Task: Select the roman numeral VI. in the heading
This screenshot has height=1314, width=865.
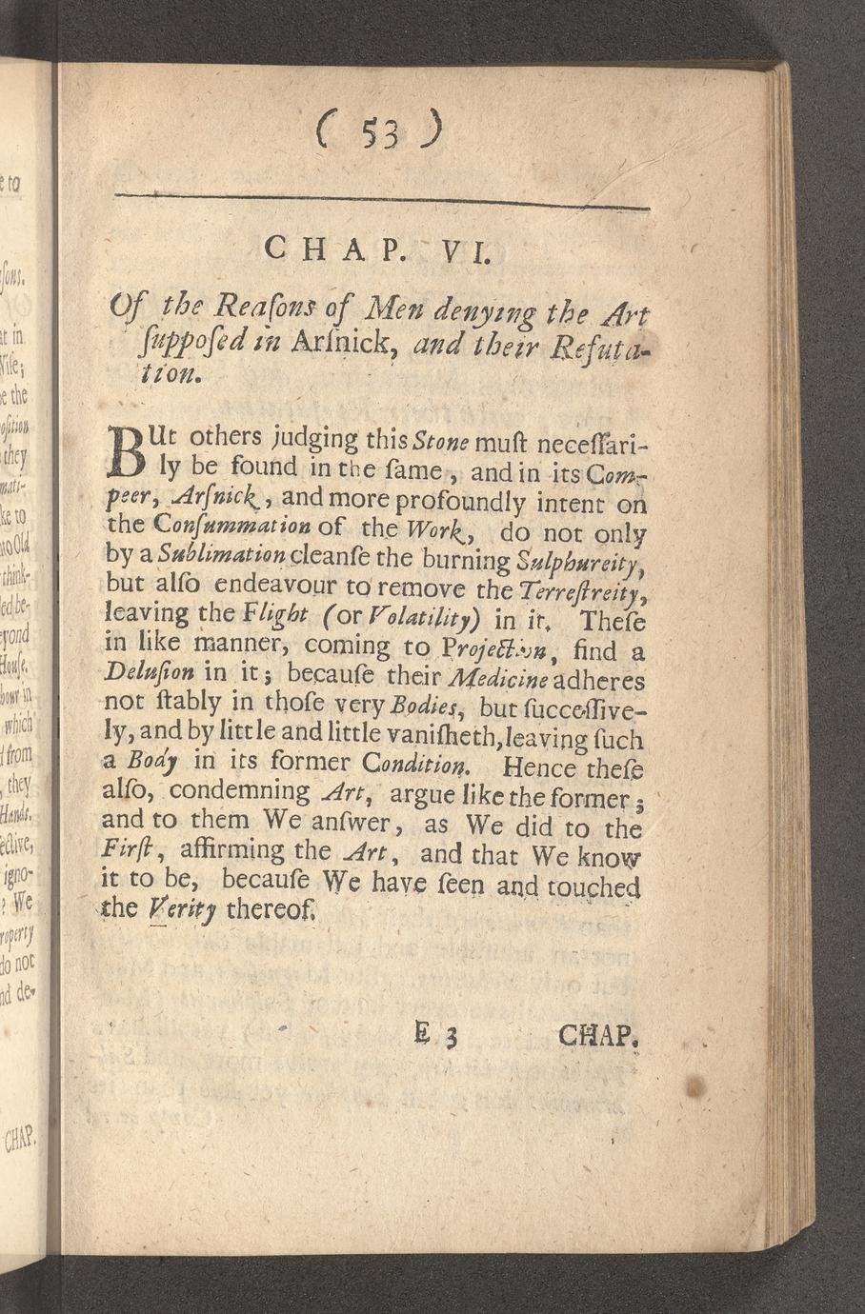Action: tap(464, 252)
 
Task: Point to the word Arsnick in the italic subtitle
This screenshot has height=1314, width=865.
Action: tap(357, 347)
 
